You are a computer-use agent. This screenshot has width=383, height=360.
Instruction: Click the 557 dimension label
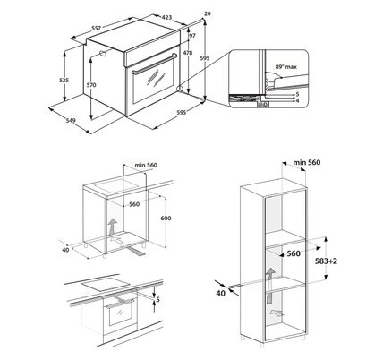tap(97, 28)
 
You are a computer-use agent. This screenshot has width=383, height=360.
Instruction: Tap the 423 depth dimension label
tap(166, 17)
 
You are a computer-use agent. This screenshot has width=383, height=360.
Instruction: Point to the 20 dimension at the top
tap(208, 13)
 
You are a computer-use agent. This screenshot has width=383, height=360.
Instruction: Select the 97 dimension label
tap(192, 36)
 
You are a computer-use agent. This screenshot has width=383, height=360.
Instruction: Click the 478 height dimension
tap(188, 53)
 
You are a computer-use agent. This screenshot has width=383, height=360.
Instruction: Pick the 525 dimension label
tap(64, 80)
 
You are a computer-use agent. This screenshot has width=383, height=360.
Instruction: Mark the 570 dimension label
tap(91, 85)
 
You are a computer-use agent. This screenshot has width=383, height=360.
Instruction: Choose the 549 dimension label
tap(71, 120)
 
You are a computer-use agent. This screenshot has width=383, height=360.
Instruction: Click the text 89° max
tap(285, 67)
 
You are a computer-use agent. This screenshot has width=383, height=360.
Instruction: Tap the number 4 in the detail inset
tap(297, 101)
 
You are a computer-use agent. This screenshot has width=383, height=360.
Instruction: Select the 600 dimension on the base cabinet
tap(166, 219)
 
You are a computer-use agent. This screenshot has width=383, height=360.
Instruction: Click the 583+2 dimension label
tap(326, 261)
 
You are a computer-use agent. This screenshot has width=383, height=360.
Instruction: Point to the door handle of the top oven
tap(155, 64)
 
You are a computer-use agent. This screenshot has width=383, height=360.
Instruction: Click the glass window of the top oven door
tap(153, 79)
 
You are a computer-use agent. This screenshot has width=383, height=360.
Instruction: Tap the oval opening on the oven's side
tap(103, 53)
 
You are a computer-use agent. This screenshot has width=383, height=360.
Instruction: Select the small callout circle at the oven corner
tap(180, 89)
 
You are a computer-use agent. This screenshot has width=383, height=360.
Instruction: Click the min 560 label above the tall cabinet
tap(307, 162)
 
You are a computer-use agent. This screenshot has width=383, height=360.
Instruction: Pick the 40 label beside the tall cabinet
tap(221, 294)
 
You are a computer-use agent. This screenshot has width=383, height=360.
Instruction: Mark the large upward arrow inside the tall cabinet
tap(270, 286)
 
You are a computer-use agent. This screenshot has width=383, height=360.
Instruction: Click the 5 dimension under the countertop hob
tap(158, 299)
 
